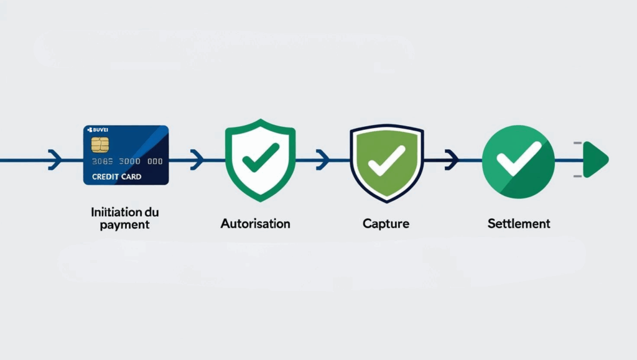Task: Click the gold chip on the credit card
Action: (x=100, y=145)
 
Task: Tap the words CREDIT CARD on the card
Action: (x=116, y=177)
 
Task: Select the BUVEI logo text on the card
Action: (x=98, y=130)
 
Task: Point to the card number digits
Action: (x=127, y=161)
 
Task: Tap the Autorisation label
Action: (x=255, y=223)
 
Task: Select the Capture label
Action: (x=386, y=223)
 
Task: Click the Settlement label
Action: (x=519, y=223)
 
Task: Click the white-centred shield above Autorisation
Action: (x=260, y=160)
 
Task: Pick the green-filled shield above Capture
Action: (x=386, y=162)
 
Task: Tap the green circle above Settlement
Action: (x=519, y=162)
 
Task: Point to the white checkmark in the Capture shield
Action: (x=386, y=160)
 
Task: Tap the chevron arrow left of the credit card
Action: (x=55, y=160)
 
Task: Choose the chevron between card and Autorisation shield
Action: (x=197, y=160)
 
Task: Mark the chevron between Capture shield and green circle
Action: (x=452, y=160)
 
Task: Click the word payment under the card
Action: (x=125, y=224)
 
